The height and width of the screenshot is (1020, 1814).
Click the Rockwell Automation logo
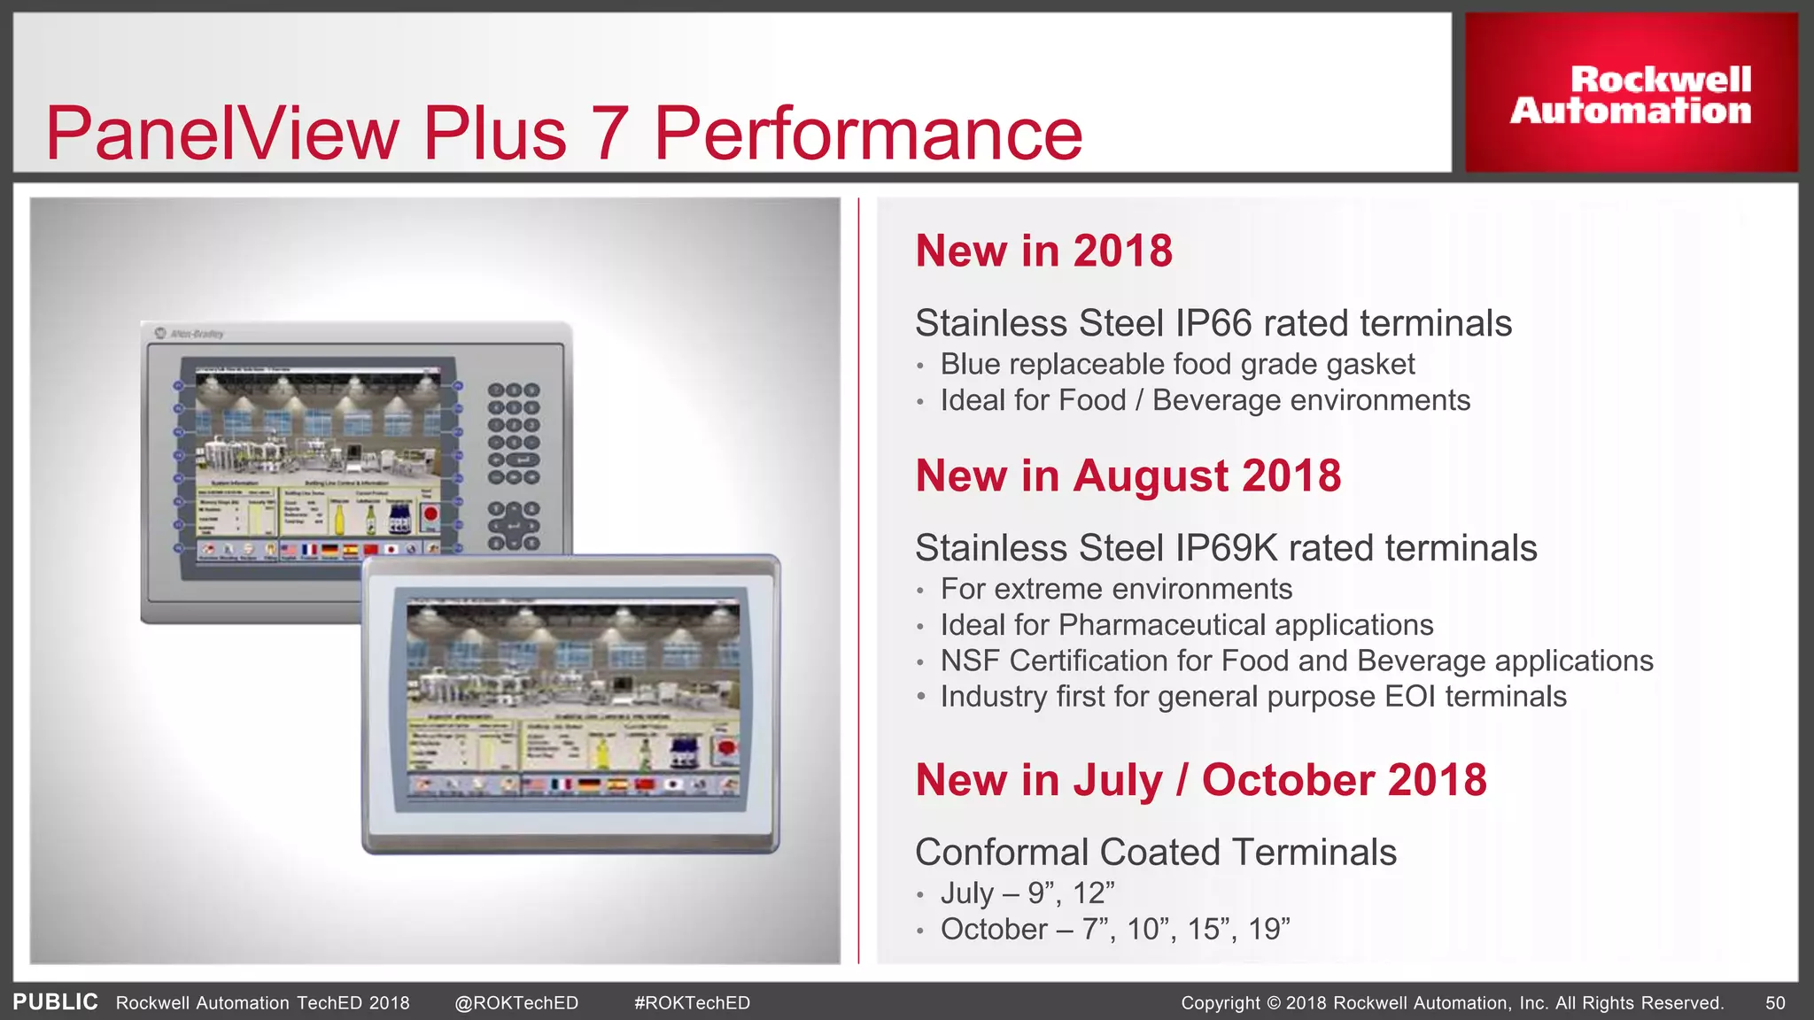[x=1631, y=95]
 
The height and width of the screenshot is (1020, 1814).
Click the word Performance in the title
[x=868, y=134]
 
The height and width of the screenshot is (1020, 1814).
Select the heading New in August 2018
[x=1128, y=475]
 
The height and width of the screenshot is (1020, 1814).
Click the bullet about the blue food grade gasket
[x=1176, y=364]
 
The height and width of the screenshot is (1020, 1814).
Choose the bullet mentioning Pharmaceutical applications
[x=1186, y=625]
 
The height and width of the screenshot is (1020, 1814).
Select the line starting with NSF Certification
[x=1296, y=661]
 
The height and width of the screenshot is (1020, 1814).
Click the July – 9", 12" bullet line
[x=1027, y=892]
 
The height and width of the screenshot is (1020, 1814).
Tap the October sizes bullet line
[x=1114, y=929]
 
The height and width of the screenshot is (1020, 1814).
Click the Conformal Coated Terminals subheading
[x=1155, y=853]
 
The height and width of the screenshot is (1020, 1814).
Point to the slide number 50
[x=1775, y=1003]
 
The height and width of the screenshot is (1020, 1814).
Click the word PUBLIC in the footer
[x=55, y=1002]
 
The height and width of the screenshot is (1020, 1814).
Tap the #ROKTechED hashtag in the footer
[x=692, y=1003]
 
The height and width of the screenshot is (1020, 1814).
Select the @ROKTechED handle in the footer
[x=516, y=1003]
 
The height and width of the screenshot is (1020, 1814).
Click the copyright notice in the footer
[x=1452, y=1003]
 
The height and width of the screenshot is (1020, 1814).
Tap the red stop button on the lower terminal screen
[x=726, y=749]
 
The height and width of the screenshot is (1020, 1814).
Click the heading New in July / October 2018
[x=1200, y=780]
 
